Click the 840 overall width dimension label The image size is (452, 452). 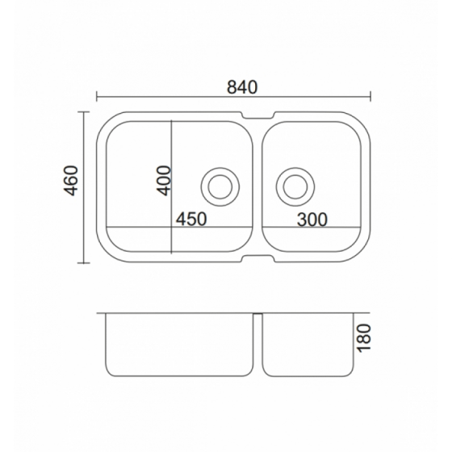242,87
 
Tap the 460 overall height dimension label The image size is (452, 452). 71,181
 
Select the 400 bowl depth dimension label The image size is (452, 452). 163,181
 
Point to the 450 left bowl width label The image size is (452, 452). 191,219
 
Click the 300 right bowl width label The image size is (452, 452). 312,220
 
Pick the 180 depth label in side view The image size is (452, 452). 363,338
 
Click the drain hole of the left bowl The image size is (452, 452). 220,186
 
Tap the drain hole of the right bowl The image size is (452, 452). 295,186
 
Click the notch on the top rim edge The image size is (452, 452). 258,115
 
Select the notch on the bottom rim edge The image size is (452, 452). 258,258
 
